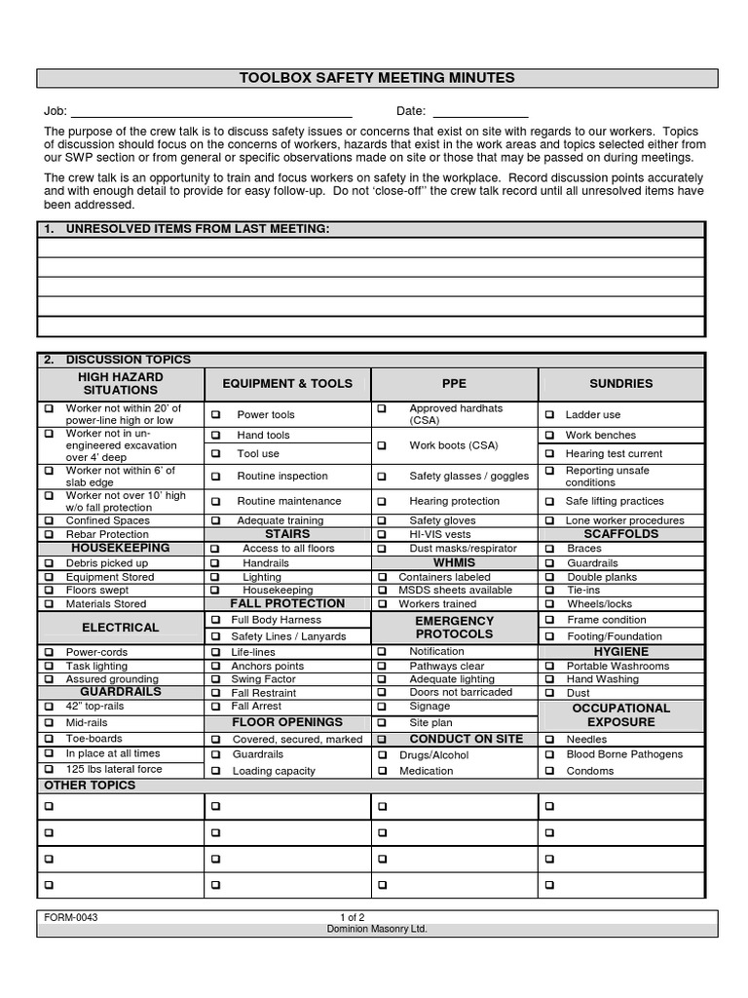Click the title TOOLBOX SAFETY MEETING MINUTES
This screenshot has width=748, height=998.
[x=377, y=78]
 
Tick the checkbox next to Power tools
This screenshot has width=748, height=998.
[x=215, y=415]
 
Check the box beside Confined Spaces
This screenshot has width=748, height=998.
[x=48, y=520]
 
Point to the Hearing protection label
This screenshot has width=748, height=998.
[x=454, y=501]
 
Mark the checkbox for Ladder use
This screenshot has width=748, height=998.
[x=550, y=415]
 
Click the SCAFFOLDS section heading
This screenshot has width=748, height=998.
[x=620, y=534]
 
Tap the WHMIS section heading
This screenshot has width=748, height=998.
[x=454, y=562]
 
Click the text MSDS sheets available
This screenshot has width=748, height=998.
[x=455, y=591]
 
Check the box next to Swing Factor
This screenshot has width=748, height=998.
[x=214, y=679]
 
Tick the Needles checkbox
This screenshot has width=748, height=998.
[x=550, y=740]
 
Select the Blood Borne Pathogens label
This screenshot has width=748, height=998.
[x=624, y=754]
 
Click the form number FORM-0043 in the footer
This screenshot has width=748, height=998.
[x=71, y=918]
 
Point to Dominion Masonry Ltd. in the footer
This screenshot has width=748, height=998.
[x=377, y=930]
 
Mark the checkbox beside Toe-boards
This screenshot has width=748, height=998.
[x=48, y=739]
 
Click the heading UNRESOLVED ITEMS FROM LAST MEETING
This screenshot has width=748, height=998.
[x=198, y=229]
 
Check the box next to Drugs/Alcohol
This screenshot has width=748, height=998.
[x=382, y=755]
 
